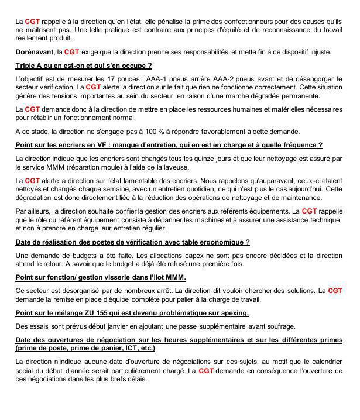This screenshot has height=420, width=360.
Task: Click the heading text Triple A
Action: click(30, 65)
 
